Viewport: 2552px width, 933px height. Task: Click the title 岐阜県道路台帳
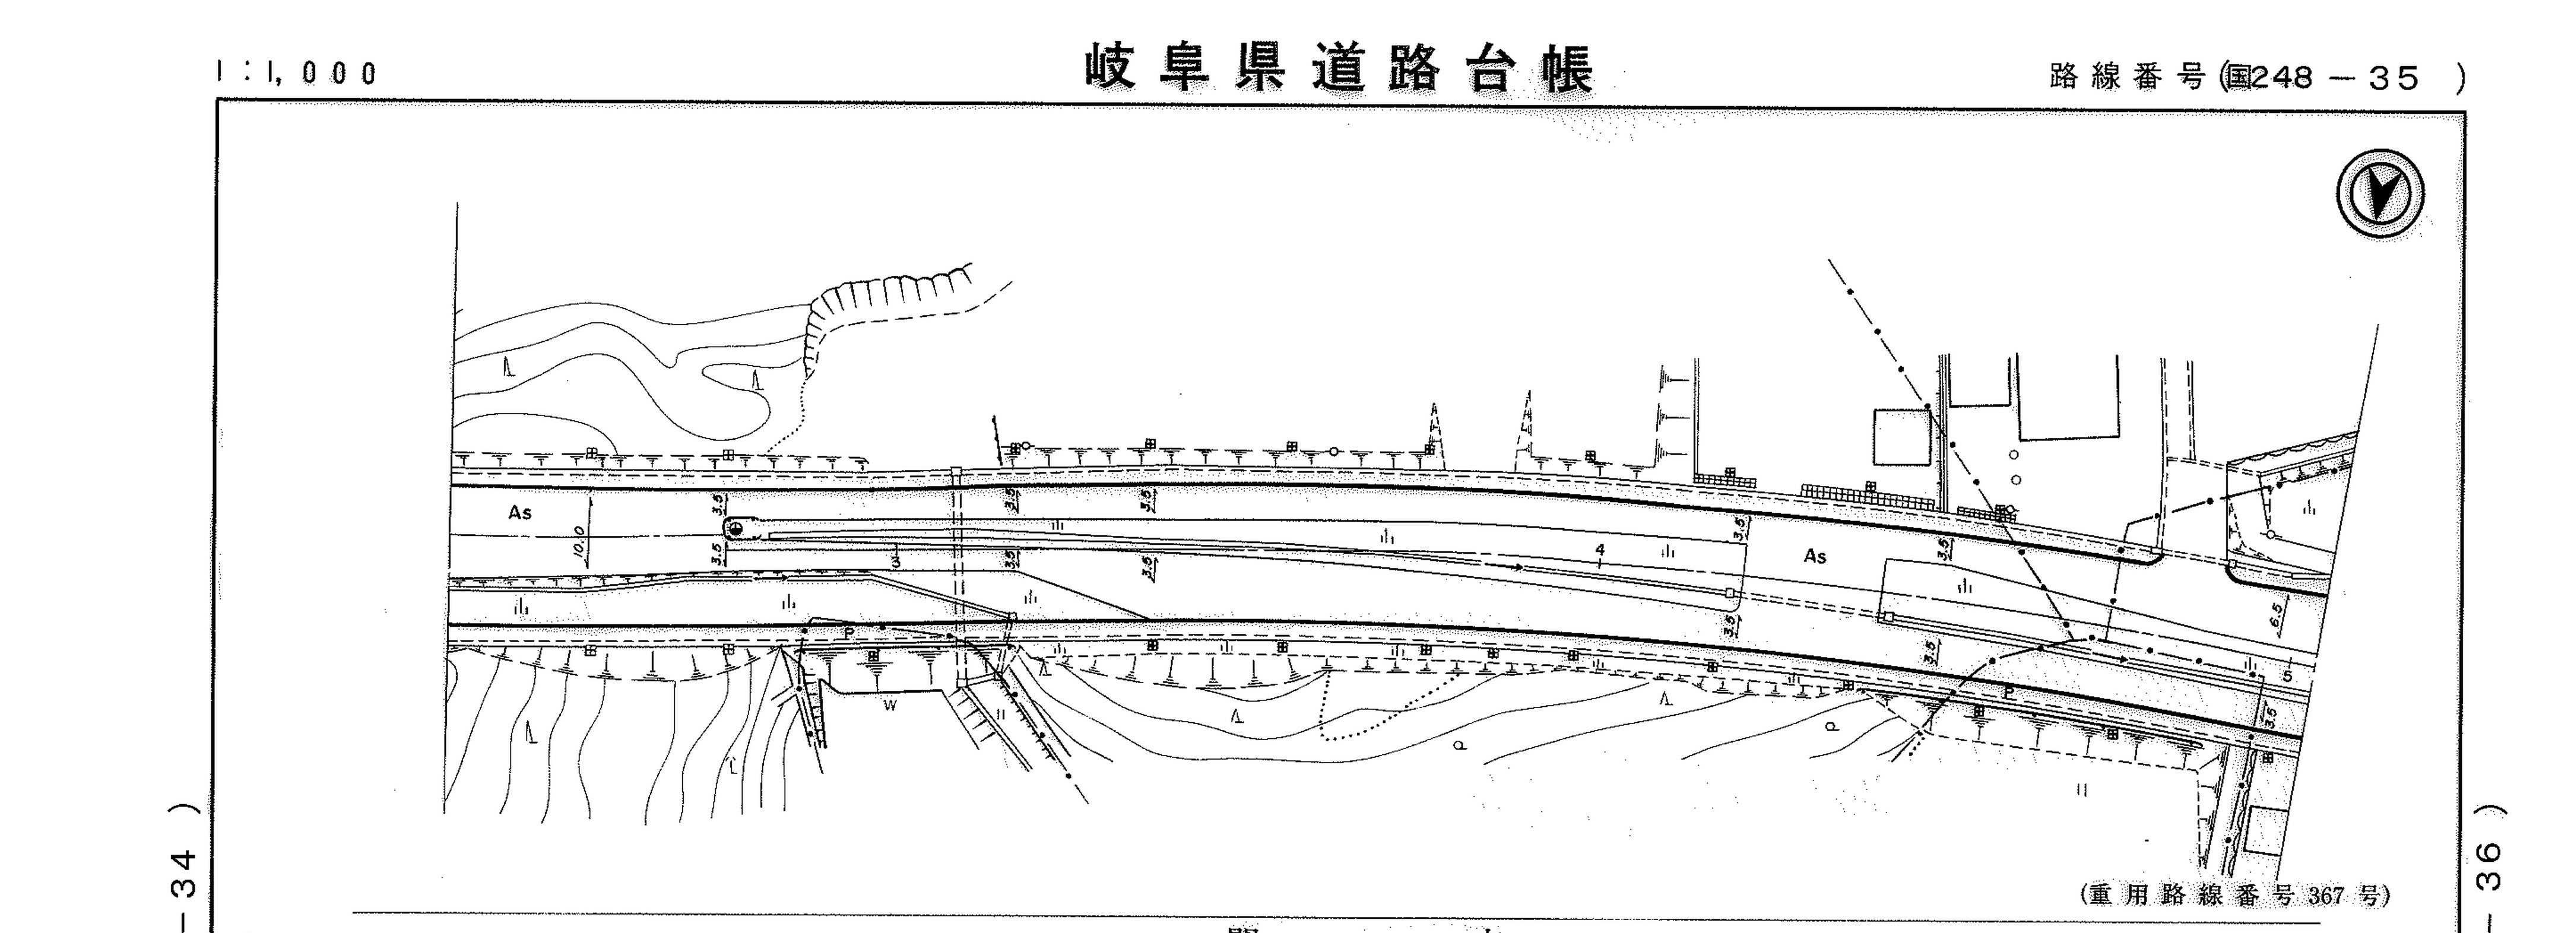(1339, 69)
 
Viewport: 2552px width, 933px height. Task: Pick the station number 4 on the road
(1599, 550)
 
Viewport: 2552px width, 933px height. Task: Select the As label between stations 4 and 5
(1814, 557)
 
